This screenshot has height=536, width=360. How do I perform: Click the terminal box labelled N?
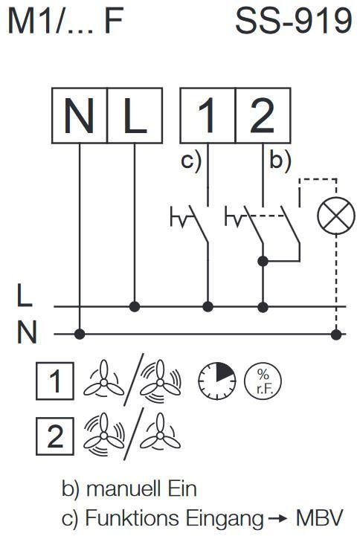(x=80, y=115)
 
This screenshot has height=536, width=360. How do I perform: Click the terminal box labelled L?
(x=135, y=115)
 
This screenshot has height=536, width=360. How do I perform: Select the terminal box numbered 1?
(x=208, y=115)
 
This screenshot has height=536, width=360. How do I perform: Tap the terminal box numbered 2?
(x=263, y=115)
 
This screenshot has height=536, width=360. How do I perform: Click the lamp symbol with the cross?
(x=336, y=216)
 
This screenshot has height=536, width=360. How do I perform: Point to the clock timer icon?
(x=217, y=381)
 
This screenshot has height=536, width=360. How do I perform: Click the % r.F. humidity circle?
(x=263, y=381)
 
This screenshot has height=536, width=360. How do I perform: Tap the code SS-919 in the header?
(x=294, y=22)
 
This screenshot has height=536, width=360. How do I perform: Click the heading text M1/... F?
(x=65, y=22)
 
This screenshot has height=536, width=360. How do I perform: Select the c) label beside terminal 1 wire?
(x=191, y=161)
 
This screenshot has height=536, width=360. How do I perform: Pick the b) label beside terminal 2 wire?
(x=280, y=161)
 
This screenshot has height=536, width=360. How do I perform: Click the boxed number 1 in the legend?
(x=55, y=381)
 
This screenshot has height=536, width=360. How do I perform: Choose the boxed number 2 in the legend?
(x=55, y=436)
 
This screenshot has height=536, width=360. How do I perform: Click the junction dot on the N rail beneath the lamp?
(x=336, y=334)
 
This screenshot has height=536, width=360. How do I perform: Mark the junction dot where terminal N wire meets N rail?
(x=80, y=334)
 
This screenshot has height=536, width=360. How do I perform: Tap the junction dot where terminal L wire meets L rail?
(x=135, y=306)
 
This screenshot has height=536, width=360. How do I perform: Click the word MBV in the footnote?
(x=319, y=518)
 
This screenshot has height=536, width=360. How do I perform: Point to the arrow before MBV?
(x=277, y=519)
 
